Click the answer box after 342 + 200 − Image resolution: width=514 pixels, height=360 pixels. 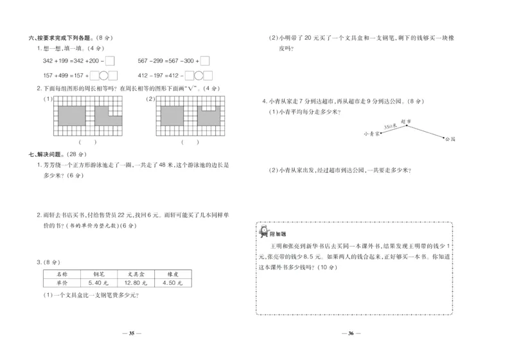109,62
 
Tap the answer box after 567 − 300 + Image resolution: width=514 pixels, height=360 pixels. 204,62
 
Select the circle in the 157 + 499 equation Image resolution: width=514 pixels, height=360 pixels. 102,75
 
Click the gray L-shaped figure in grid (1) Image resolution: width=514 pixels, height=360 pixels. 106,114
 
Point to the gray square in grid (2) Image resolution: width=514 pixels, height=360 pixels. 170,114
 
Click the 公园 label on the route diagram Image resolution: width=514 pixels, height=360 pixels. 449,139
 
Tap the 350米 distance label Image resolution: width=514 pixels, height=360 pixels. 389,129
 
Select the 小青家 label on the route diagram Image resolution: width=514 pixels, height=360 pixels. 371,134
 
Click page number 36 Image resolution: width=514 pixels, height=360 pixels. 351,333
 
